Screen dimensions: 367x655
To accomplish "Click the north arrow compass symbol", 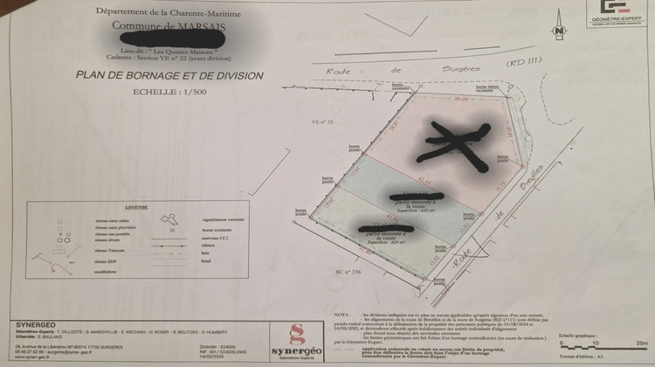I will [x=556, y=29].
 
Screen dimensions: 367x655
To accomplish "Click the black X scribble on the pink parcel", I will [x=454, y=140].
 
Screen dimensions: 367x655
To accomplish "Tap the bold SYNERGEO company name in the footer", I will [x=36, y=325].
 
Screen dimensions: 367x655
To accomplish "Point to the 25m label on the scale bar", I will [x=641, y=343].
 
